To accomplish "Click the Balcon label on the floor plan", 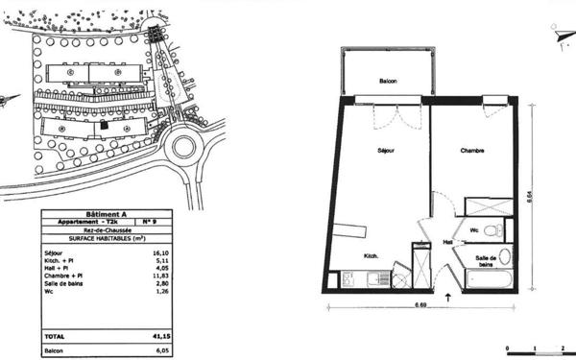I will tap(388, 81).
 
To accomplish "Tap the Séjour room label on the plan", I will tap(386, 150).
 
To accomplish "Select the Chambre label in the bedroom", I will tap(471, 150).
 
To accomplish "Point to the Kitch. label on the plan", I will tap(371, 255).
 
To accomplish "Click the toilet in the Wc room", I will tap(491, 230).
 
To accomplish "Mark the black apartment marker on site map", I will tap(104, 124).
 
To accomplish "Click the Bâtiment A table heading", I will tap(107, 213).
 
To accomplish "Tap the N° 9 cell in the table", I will tap(150, 222).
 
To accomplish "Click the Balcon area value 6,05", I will tap(150, 351).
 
